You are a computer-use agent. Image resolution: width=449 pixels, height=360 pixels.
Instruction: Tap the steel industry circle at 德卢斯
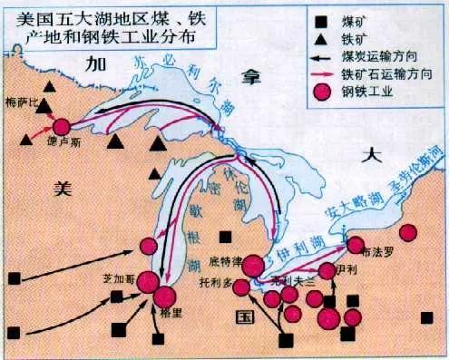pos(62,128)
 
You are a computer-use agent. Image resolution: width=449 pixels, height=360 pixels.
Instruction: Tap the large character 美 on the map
pos(61,188)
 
